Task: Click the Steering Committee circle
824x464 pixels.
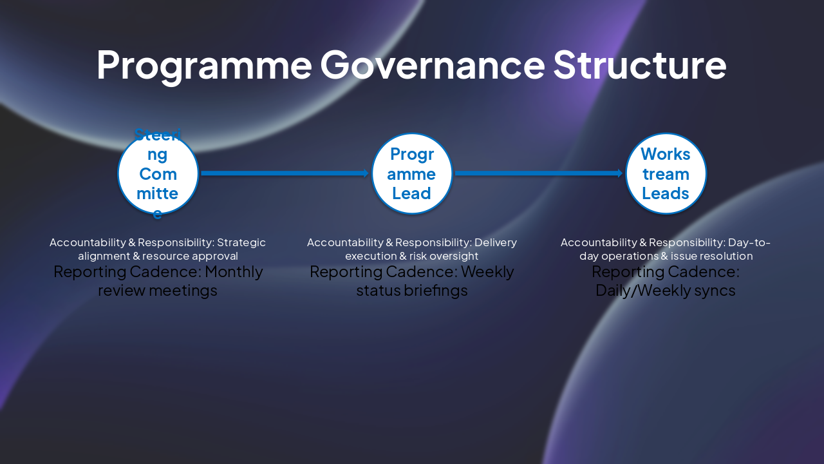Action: point(158,173)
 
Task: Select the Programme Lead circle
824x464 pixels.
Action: point(412,173)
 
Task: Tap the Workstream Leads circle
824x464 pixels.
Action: point(666,173)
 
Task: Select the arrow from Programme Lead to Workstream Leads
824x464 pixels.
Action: point(538,173)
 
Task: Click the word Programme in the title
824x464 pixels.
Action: point(203,65)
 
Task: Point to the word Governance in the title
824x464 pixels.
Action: point(432,65)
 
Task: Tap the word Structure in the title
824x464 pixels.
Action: point(639,65)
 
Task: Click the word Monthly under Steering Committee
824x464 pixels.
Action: point(234,272)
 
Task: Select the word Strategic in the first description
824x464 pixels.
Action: point(241,243)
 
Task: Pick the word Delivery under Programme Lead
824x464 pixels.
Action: point(495,243)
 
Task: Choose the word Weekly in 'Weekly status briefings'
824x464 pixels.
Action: point(487,272)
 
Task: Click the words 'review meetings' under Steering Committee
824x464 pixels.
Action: point(158,291)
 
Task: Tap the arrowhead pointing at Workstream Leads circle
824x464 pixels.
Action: point(619,173)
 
